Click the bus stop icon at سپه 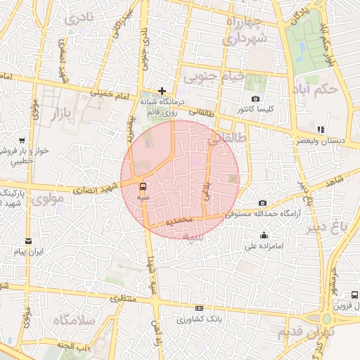[143, 186]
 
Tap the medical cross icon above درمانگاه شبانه [162, 91]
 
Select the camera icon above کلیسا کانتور [255, 99]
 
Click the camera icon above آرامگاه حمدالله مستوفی [262, 203]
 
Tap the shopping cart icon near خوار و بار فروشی [22, 141]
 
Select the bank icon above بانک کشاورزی [200, 308]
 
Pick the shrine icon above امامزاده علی [264, 236]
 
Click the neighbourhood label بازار [51, 112]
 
